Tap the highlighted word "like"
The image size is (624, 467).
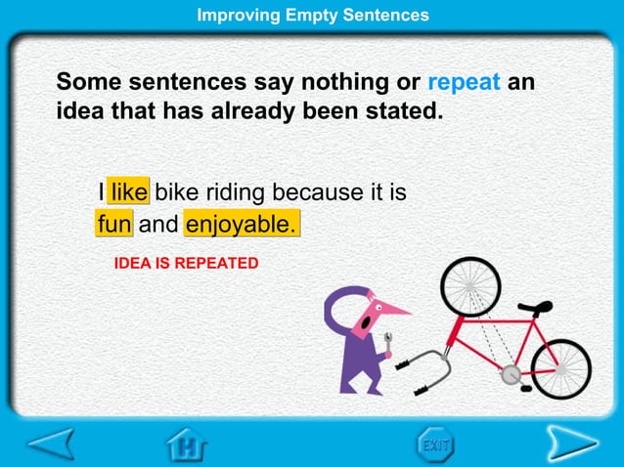(128, 191)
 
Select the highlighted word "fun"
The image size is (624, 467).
(114, 226)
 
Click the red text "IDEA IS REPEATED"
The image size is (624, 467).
(186, 264)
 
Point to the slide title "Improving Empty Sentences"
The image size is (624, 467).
(312, 15)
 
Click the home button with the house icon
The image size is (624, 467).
(185, 446)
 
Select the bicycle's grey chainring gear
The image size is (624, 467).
(510, 375)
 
